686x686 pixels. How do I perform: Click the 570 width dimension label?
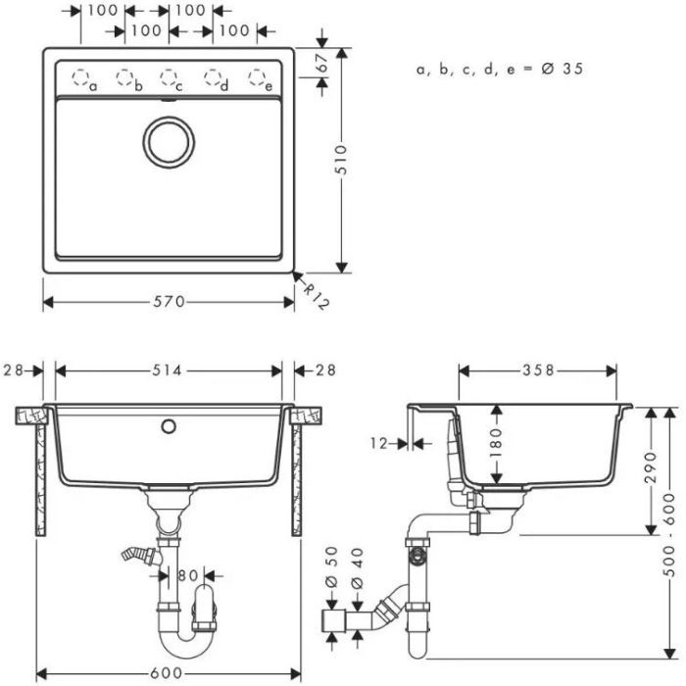169,302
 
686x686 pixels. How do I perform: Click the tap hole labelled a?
81,77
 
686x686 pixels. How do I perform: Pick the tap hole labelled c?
169,77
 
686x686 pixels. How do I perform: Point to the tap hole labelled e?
257,77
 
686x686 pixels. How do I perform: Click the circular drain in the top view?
169,141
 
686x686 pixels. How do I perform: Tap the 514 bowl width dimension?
169,370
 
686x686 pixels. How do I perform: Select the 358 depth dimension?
538,370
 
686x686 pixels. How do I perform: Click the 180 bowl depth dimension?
497,443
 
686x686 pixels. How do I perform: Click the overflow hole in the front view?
169,426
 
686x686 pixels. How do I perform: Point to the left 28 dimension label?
14,370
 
